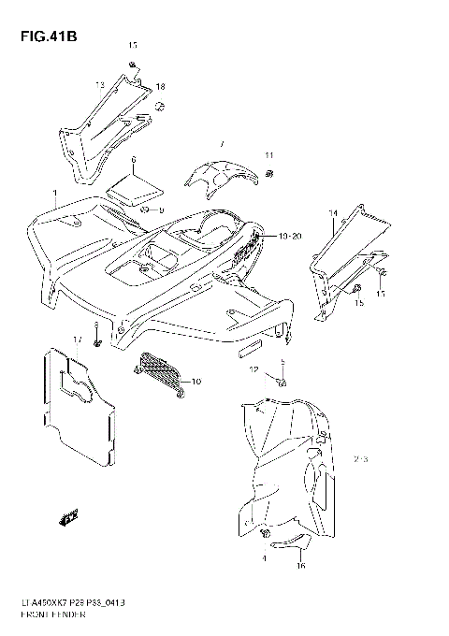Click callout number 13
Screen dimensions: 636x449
point(98,85)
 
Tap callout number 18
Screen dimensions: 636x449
point(160,86)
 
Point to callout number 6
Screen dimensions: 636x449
point(134,160)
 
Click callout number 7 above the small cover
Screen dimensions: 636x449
point(222,144)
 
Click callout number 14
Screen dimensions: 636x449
point(331,214)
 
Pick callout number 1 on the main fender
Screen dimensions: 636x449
point(55,198)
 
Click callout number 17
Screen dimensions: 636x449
point(78,338)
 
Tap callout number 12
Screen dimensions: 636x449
point(253,370)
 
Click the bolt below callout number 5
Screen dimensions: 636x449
point(283,381)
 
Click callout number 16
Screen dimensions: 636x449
point(301,566)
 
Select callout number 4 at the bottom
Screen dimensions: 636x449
point(265,558)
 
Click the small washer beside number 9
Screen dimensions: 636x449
point(146,210)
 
